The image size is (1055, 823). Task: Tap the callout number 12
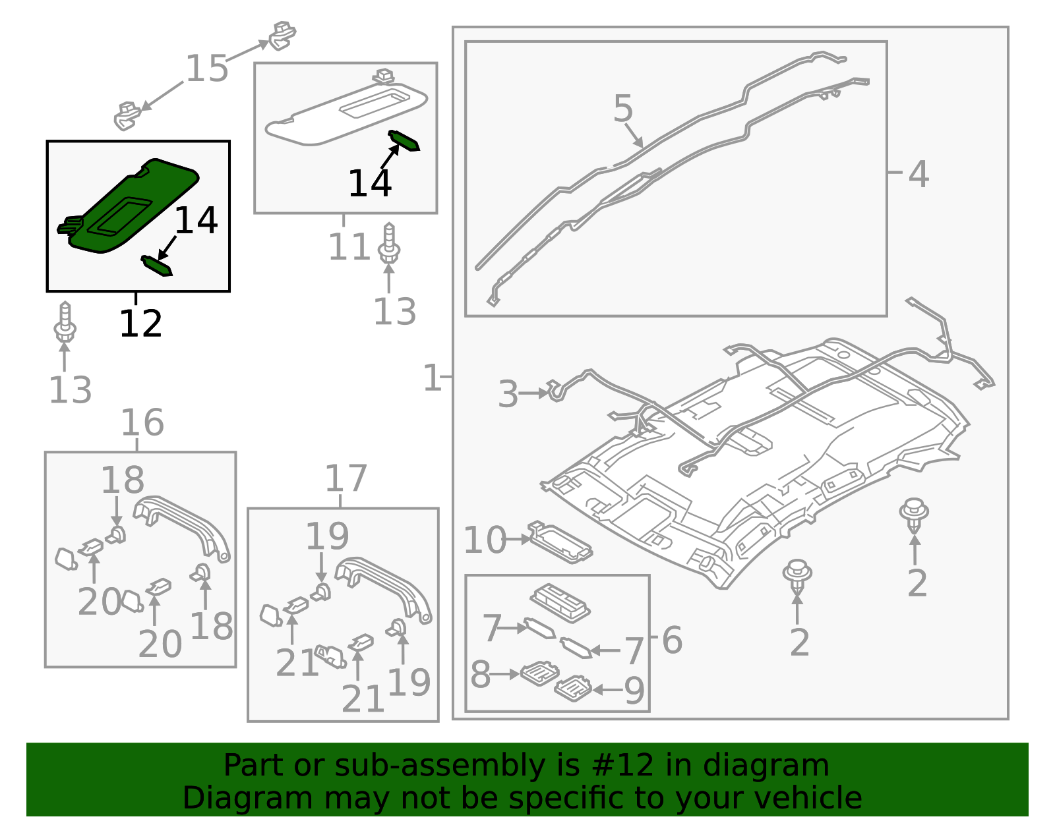click(x=140, y=324)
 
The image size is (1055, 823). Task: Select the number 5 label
click(x=622, y=109)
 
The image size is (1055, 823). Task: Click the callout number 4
click(x=918, y=175)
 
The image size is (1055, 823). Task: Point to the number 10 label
click(x=485, y=540)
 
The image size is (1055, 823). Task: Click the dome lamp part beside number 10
click(x=560, y=542)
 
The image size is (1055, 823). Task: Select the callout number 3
click(x=508, y=394)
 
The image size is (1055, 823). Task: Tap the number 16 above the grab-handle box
click(x=142, y=423)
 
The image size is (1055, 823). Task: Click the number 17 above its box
click(x=346, y=479)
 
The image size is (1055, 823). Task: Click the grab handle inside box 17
click(x=386, y=586)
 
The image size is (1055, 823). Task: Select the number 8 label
click(x=480, y=675)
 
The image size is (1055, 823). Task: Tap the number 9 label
click(x=634, y=691)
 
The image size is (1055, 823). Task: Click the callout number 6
click(x=671, y=640)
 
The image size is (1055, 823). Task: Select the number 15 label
click(x=206, y=69)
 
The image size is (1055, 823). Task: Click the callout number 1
click(x=432, y=378)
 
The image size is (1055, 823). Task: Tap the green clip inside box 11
click(x=404, y=140)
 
